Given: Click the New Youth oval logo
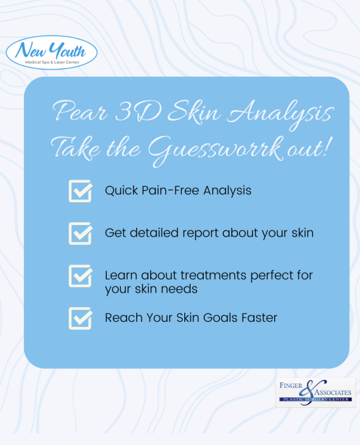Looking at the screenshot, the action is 51,52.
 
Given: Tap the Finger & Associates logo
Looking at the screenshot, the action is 315,393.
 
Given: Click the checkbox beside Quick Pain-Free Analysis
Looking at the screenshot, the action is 81,191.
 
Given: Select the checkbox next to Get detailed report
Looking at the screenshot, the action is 81,233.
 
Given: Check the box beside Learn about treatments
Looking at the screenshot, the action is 81,276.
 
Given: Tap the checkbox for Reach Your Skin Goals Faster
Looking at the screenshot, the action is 81,318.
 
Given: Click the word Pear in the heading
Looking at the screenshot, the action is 81,111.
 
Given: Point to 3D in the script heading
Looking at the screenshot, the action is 138,111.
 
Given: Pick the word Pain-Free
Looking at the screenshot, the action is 170,190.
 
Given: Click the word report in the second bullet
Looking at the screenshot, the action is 201,233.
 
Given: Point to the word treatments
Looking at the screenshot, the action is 214,276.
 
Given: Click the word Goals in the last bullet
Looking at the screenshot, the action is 220,318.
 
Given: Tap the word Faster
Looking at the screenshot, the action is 259,318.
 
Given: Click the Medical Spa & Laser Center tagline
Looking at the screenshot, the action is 52,62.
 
